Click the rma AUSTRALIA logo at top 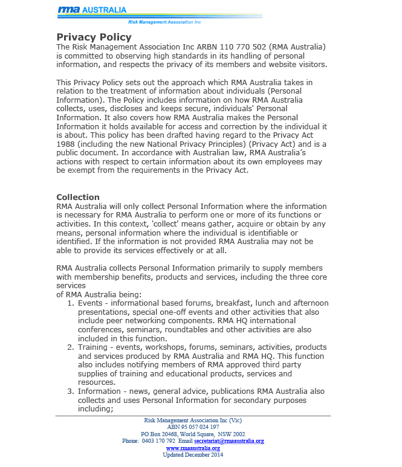click(x=92, y=10)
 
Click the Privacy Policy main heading click(x=94, y=37)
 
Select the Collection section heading click(x=78, y=197)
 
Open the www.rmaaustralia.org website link click(x=193, y=448)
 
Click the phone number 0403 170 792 click(x=159, y=441)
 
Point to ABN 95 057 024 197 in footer click(x=193, y=427)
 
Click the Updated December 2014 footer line click(x=193, y=455)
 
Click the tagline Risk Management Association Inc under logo click(x=165, y=22)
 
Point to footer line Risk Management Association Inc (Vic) click(x=193, y=420)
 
